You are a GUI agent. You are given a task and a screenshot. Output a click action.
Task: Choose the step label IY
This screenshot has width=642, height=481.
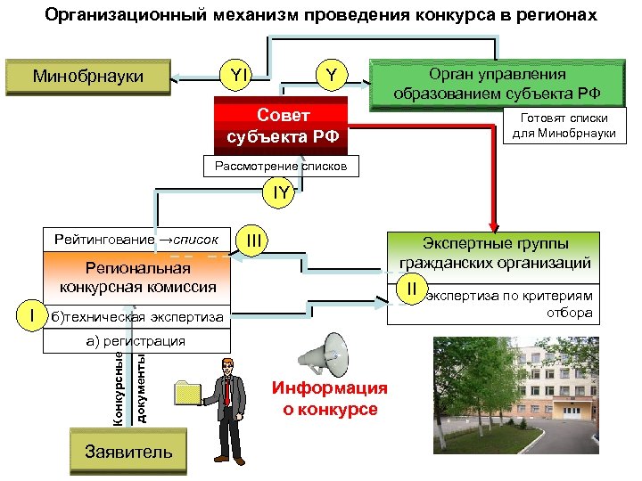pos(280,192)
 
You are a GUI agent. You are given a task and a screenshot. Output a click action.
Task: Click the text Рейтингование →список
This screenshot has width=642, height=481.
pos(136,240)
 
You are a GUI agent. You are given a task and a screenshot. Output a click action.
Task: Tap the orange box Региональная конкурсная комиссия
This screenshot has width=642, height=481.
pos(137,278)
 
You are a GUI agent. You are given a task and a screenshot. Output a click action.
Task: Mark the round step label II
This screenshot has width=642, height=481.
pos(412,289)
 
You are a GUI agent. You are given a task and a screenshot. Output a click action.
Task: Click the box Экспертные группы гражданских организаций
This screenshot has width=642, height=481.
pos(495,253)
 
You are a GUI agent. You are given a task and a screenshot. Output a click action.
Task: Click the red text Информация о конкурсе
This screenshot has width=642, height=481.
pos(330,399)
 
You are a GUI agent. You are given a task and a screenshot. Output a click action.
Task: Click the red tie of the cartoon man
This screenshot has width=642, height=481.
pos(229,392)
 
